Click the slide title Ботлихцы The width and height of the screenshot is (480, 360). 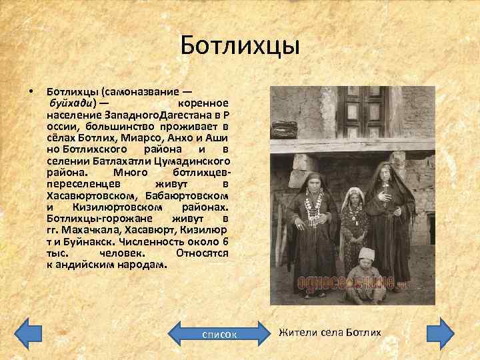pyautogui.click(x=240, y=47)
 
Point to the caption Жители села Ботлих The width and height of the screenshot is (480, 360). pyautogui.click(x=329, y=332)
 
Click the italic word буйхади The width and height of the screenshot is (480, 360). pyautogui.click(x=70, y=103)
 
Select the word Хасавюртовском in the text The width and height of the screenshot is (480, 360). pyautogui.click(x=90, y=195)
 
